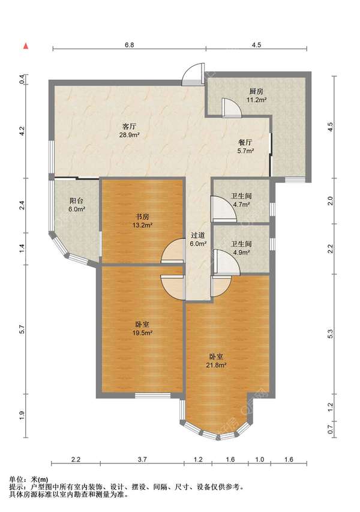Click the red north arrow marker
click(25, 46)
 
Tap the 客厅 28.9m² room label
click(129, 130)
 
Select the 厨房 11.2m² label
click(256, 95)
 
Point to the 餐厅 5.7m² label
click(245, 146)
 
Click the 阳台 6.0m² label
click(77, 205)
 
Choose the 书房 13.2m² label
click(143, 220)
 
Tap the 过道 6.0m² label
click(198, 239)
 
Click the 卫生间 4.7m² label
click(241, 200)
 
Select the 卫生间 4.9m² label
click(241, 248)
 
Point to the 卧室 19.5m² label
click(143, 328)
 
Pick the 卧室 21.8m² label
click(216, 361)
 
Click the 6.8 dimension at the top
click(129, 45)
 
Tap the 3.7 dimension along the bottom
click(142, 459)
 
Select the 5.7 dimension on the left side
click(22, 330)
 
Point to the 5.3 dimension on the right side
click(330, 334)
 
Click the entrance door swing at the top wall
click(193, 74)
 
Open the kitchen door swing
click(232, 107)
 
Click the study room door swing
click(173, 251)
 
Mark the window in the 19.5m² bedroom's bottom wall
click(153, 396)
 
